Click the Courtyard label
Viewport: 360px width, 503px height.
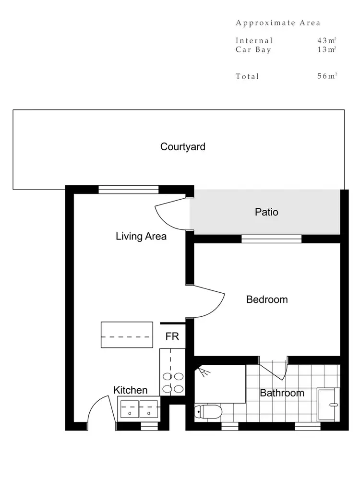click(182, 147)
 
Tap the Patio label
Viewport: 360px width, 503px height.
click(266, 212)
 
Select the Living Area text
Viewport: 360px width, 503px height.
click(141, 236)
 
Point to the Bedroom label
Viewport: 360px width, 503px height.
click(267, 299)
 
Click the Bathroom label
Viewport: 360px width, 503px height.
click(282, 393)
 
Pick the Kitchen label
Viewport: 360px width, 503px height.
click(130, 390)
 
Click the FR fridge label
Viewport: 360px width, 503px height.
click(172, 336)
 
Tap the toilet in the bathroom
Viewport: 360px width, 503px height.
click(208, 411)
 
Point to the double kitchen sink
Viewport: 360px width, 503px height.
click(139, 409)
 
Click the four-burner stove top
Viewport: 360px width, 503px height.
click(173, 383)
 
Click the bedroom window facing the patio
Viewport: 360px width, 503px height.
click(271, 239)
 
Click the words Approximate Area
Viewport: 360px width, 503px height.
click(278, 23)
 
